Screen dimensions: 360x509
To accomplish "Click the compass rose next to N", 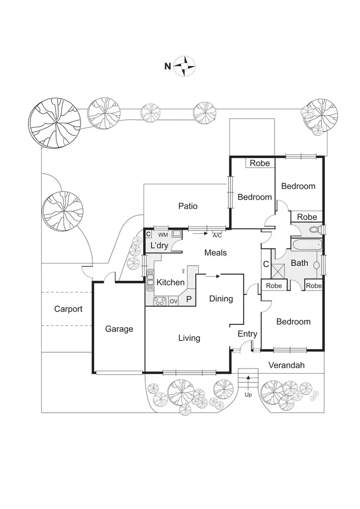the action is [185, 66].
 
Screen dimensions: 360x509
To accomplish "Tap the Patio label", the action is [188, 206].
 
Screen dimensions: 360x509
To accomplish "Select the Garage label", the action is [119, 329].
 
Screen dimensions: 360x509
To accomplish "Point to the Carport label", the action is [68, 309].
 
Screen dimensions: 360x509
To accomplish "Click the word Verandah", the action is [287, 365].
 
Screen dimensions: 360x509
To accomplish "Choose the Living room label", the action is [189, 338].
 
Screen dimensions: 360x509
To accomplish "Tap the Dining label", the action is [221, 299].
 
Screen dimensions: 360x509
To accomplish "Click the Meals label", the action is [215, 253].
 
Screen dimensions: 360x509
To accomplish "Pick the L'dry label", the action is [159, 246].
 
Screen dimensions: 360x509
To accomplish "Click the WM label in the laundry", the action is [163, 235].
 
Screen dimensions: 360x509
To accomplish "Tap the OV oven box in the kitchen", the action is [173, 301].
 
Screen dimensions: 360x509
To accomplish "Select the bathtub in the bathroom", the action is [306, 245].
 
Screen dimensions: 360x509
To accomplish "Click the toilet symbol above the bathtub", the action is [315, 230].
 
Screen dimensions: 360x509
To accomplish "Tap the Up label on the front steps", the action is [248, 395].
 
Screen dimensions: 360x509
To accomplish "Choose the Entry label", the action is [248, 334].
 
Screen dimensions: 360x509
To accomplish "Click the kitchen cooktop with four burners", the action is [159, 301].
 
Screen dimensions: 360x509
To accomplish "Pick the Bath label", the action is [300, 263].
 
